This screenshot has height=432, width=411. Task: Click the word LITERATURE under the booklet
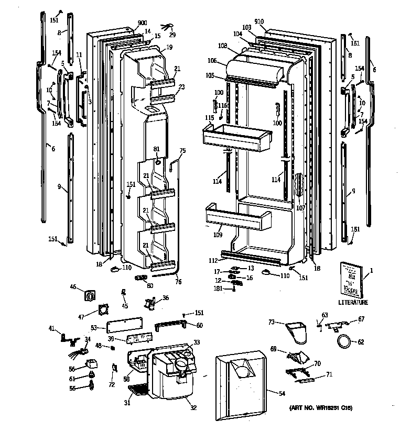[352, 302]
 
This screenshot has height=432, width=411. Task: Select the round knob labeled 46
[90, 296]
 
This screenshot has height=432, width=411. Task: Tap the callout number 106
[212, 60]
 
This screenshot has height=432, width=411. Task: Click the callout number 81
[156, 150]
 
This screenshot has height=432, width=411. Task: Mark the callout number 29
[173, 35]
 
